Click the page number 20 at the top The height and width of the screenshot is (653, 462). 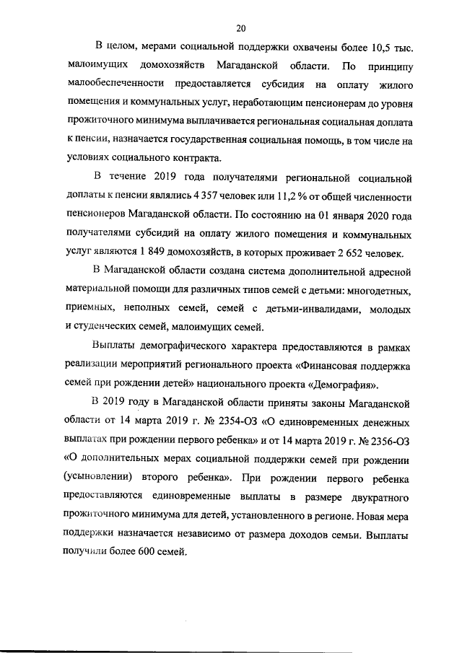(x=241, y=28)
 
